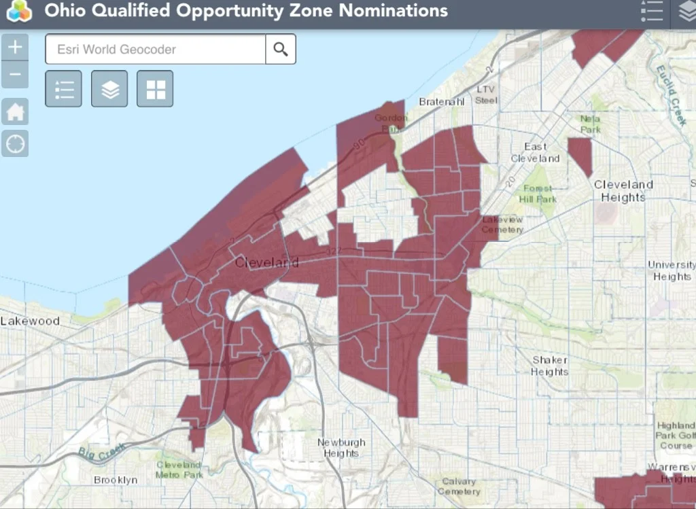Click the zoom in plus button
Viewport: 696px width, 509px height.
(15, 48)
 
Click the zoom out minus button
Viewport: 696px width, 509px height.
(15, 74)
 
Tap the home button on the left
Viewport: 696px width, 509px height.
(15, 111)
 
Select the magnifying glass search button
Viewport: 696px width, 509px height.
(281, 49)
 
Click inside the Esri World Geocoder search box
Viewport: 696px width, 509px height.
(155, 49)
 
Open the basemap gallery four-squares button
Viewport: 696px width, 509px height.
(155, 88)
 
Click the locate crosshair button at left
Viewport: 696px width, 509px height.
(15, 143)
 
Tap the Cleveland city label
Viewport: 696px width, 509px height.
(266, 262)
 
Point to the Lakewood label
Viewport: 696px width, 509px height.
(30, 321)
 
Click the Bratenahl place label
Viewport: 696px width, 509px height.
(441, 102)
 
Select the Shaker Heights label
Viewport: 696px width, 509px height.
(550, 366)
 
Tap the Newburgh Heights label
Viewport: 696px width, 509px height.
(341, 448)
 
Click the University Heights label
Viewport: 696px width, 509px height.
(672, 270)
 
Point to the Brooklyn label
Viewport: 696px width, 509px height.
(116, 480)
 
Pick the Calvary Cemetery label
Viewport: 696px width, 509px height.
(459, 487)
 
